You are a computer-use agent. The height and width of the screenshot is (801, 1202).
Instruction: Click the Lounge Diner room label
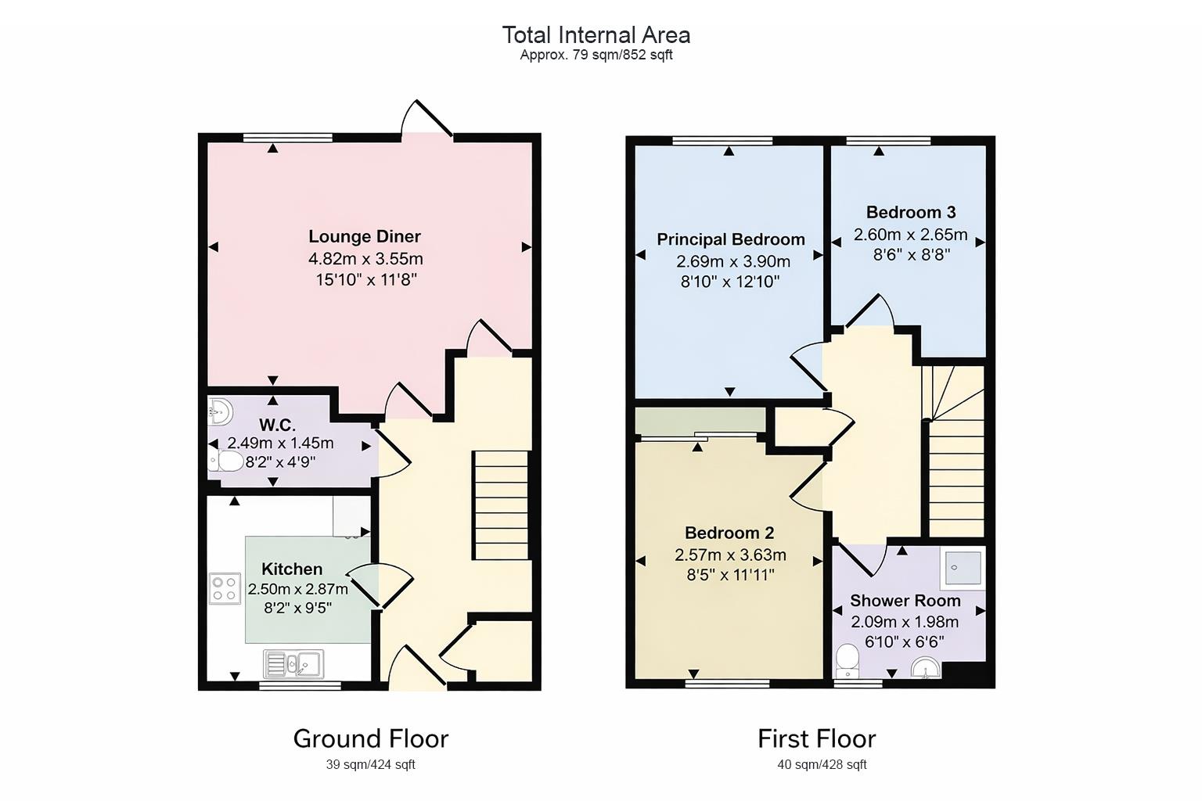click(364, 236)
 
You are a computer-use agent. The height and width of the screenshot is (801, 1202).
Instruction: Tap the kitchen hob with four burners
click(225, 587)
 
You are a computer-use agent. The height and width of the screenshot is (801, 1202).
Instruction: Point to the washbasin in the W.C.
click(220, 410)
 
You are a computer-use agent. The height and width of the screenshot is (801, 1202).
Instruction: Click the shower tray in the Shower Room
click(963, 567)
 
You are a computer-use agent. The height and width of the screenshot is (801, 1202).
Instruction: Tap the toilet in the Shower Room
click(847, 662)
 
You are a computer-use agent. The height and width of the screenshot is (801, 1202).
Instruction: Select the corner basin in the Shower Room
click(926, 668)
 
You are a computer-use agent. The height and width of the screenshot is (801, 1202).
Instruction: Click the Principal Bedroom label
click(730, 239)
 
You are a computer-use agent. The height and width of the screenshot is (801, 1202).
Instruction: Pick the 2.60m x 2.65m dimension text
click(910, 235)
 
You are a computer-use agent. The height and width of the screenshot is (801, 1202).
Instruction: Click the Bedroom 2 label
click(729, 533)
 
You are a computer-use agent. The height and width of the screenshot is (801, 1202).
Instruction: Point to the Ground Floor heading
click(370, 738)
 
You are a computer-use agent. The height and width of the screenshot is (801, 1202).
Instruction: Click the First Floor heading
click(816, 738)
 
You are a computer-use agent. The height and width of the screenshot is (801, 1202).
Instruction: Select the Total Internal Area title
click(596, 35)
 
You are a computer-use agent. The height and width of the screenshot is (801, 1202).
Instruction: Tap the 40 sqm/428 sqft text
click(821, 765)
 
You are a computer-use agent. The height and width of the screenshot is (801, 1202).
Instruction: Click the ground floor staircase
click(501, 505)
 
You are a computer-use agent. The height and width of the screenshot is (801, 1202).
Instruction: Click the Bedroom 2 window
click(727, 683)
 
